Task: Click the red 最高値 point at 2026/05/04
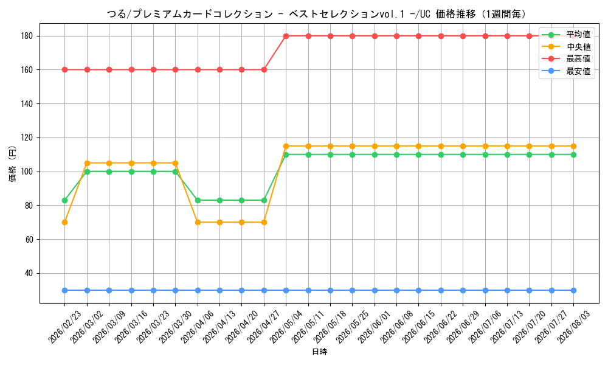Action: click(x=286, y=36)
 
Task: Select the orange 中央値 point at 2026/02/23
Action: click(x=65, y=222)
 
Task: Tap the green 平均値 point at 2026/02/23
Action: click(x=65, y=201)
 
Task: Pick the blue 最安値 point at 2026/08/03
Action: click(x=573, y=291)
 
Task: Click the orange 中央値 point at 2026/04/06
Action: click(x=198, y=222)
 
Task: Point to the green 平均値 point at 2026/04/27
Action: click(x=264, y=201)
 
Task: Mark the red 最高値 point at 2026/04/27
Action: click(x=264, y=70)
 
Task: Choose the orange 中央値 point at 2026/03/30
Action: click(x=175, y=163)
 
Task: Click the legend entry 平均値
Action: click(x=567, y=35)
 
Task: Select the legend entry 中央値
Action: click(x=567, y=47)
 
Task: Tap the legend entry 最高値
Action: click(x=567, y=59)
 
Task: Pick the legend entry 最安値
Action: click(x=567, y=71)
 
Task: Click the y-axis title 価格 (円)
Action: click(x=13, y=164)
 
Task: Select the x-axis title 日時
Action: click(x=320, y=352)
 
